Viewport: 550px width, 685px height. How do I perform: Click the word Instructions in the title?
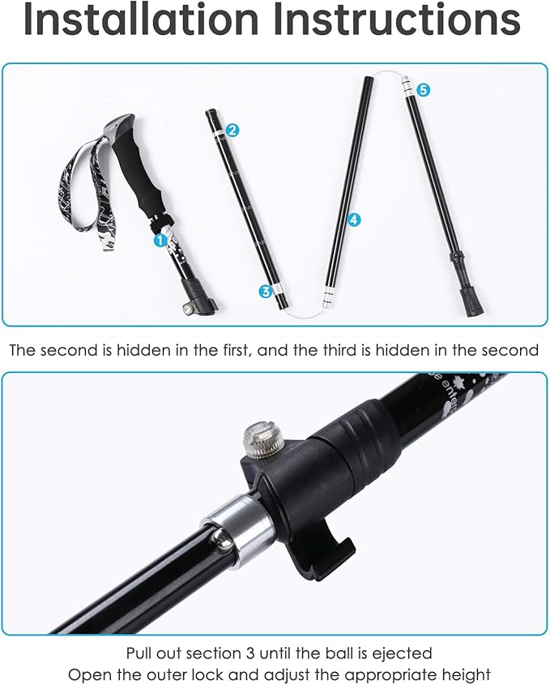[397, 20]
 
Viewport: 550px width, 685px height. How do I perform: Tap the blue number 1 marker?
[160, 240]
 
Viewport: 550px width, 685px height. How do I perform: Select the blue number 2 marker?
[232, 130]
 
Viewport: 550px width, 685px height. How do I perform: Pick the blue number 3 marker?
[265, 290]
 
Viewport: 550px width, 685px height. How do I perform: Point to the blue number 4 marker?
[354, 219]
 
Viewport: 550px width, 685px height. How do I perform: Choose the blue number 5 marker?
[423, 91]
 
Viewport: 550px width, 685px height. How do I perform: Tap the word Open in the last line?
[86, 674]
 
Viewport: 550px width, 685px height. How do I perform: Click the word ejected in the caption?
[403, 653]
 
